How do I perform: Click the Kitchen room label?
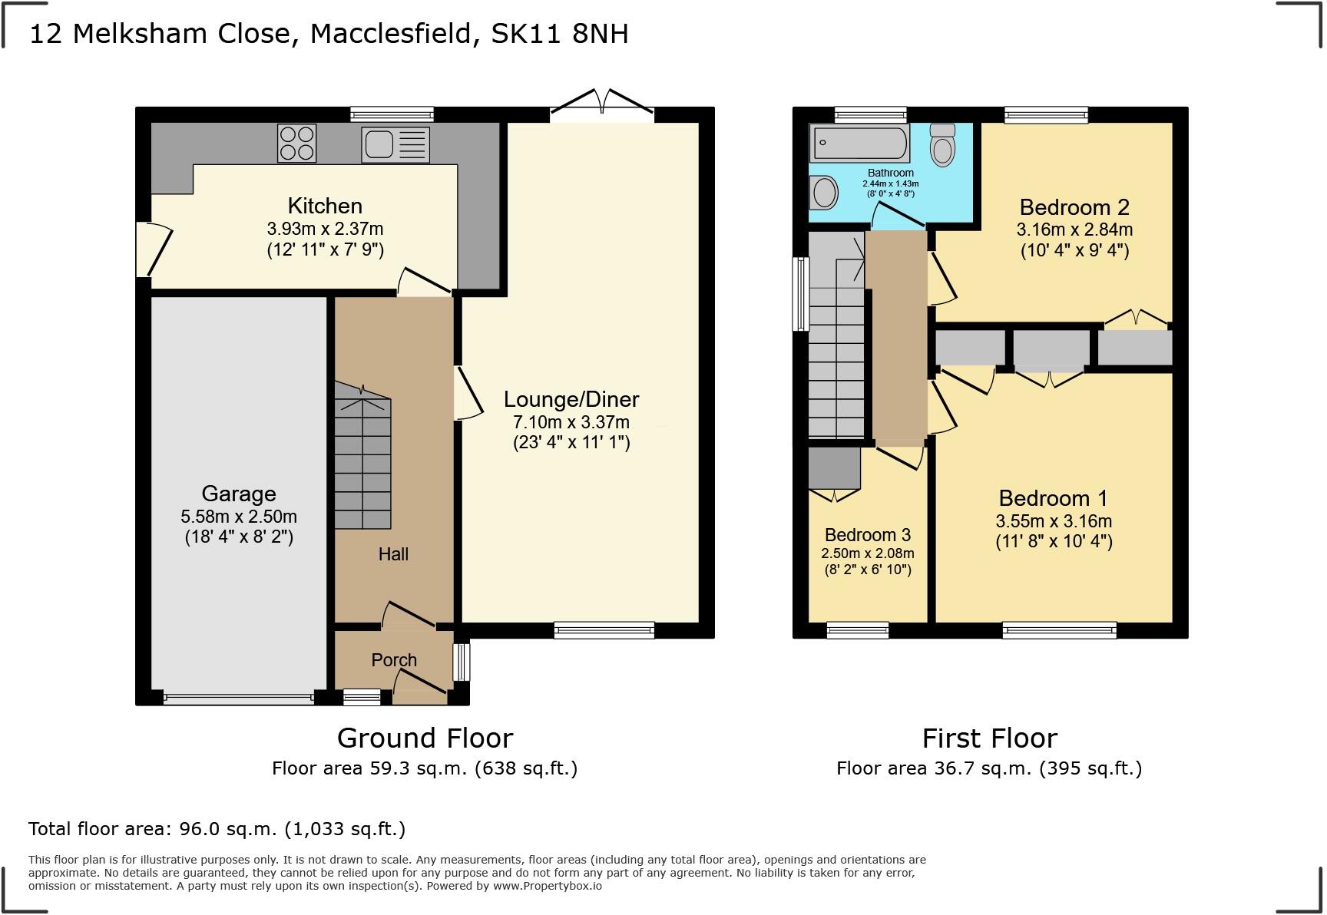pyautogui.click(x=325, y=206)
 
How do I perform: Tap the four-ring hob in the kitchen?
pyautogui.click(x=296, y=144)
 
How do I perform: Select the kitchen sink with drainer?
pyautogui.click(x=395, y=144)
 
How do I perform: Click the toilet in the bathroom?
pyautogui.click(x=942, y=145)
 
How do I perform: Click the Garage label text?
pyautogui.click(x=239, y=494)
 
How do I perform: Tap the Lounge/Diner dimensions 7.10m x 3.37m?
pyautogui.click(x=571, y=421)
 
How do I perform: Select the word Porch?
pyautogui.click(x=394, y=660)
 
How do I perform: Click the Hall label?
pyautogui.click(x=393, y=554)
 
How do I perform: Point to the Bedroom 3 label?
pyautogui.click(x=868, y=535)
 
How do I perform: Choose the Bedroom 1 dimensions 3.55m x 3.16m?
pyautogui.click(x=1054, y=521)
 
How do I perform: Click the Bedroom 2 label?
pyautogui.click(x=1074, y=207)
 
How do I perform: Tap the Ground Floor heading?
pyautogui.click(x=425, y=738)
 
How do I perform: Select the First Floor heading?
pyautogui.click(x=989, y=738)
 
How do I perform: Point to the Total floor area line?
pyautogui.click(x=217, y=829)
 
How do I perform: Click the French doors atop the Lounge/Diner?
pyautogui.click(x=602, y=106)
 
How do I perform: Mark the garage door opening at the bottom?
pyautogui.click(x=238, y=699)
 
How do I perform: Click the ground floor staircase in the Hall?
pyautogui.click(x=362, y=457)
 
